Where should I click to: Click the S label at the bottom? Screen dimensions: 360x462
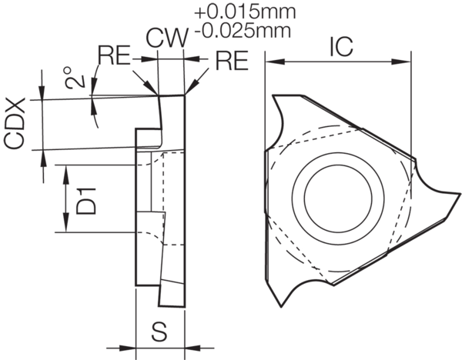pos(159,333)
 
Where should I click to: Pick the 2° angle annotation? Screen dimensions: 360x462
pos(73,78)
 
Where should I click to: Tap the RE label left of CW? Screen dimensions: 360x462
pos(114,55)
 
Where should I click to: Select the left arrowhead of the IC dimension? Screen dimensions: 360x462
pos(270,61)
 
